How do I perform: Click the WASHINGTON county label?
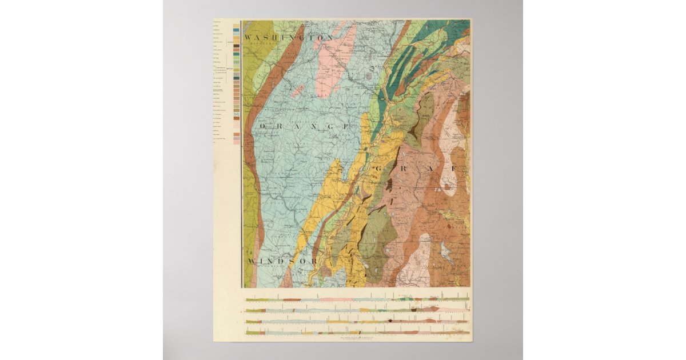289,38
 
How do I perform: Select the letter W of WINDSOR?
252,261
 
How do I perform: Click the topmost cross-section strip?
357,299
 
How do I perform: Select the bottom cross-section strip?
357,333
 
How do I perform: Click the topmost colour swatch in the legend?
237,26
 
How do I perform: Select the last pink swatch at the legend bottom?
237,141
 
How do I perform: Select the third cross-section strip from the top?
357,322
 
